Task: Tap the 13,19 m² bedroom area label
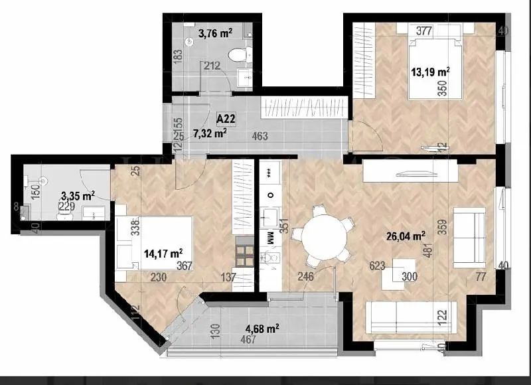click(x=431, y=71)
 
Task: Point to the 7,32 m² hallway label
click(x=210, y=133)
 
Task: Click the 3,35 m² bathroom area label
click(x=77, y=196)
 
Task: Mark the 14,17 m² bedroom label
click(x=163, y=252)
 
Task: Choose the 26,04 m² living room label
click(x=406, y=236)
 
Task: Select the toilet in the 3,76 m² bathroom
click(x=236, y=55)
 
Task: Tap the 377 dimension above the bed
click(x=425, y=31)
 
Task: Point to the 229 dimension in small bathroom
click(x=67, y=206)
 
